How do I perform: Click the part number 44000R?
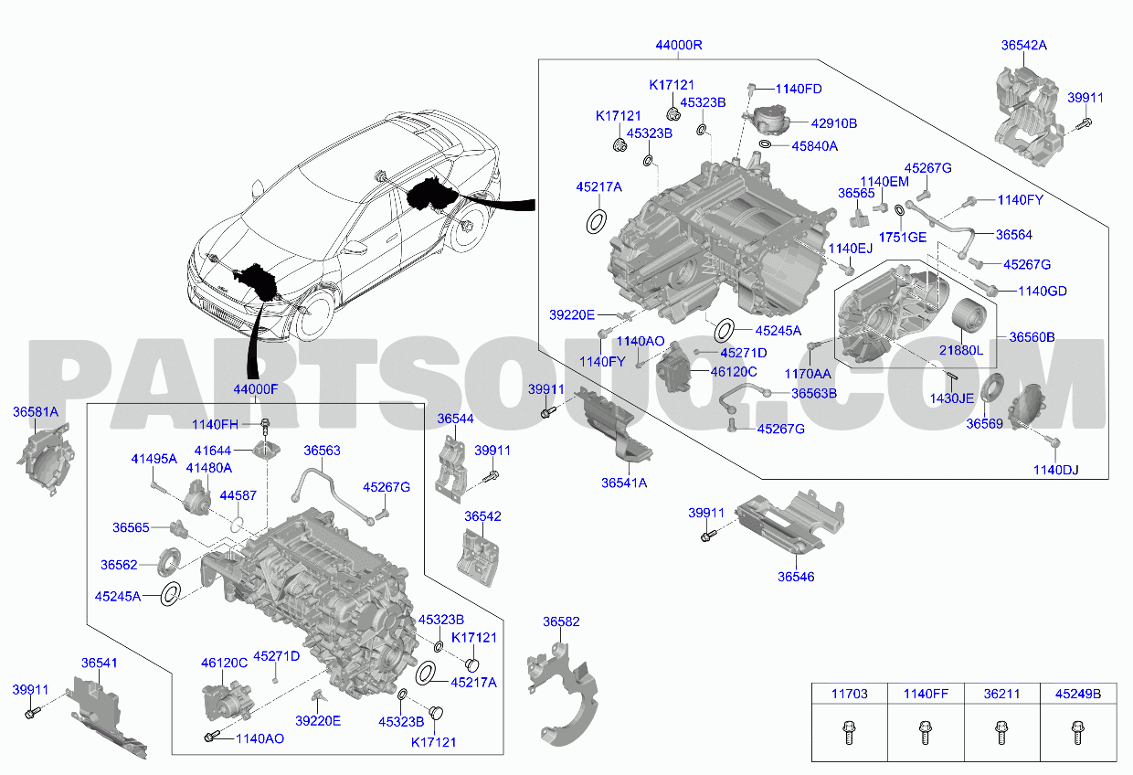[678, 46]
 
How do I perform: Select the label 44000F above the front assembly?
[255, 389]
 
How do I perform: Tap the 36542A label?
[1023, 44]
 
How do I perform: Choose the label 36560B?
[1032, 337]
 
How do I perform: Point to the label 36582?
[561, 621]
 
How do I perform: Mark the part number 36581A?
[36, 412]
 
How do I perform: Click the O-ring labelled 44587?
[236, 525]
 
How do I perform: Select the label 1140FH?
[215, 424]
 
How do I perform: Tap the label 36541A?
[624, 483]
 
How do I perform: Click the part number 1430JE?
[951, 398]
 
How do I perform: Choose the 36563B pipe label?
[814, 393]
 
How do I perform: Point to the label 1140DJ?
[1055, 470]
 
